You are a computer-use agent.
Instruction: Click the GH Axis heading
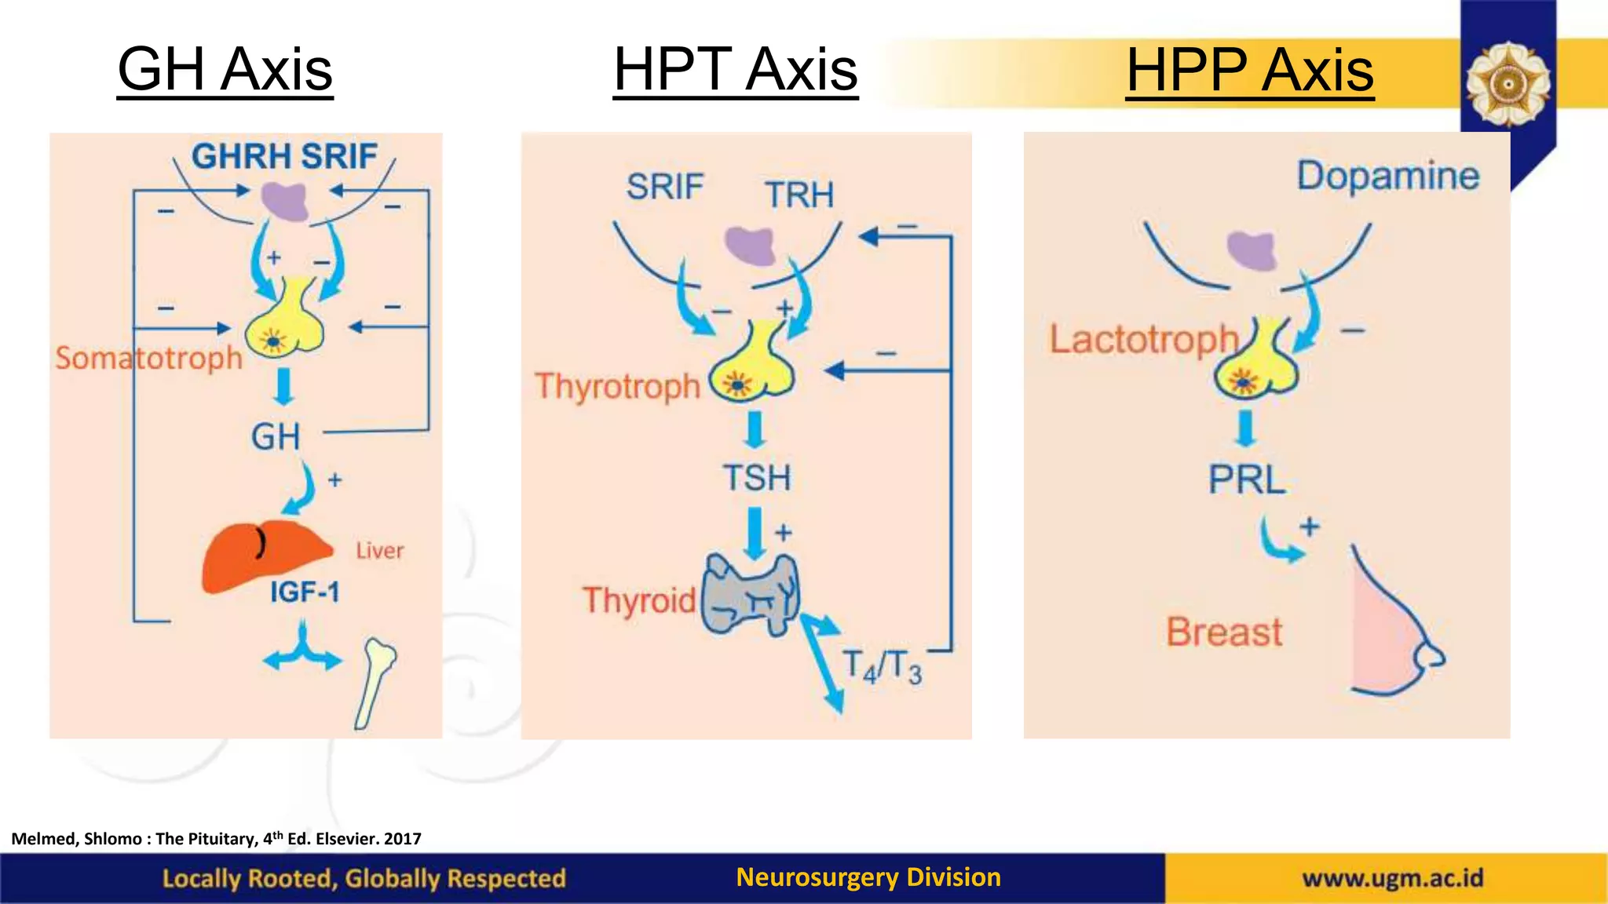225,69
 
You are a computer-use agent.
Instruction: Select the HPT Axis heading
735,69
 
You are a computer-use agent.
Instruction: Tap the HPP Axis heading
1249,70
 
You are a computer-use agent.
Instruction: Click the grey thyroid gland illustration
749,593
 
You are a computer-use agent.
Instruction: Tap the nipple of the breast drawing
1432,656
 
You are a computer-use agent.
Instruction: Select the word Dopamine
1387,176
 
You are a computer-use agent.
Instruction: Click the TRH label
799,195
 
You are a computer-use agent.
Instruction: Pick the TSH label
757,477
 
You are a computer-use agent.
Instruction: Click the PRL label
1247,479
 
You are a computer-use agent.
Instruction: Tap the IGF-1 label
305,592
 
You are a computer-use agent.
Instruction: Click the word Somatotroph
149,358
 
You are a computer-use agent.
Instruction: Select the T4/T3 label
883,666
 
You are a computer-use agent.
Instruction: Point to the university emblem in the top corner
1507,83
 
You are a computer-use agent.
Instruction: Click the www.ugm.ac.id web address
1393,877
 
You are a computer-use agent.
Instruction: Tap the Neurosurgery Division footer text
868,877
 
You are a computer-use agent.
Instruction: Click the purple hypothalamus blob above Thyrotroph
750,245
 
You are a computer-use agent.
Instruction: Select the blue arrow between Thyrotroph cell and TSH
755,429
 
